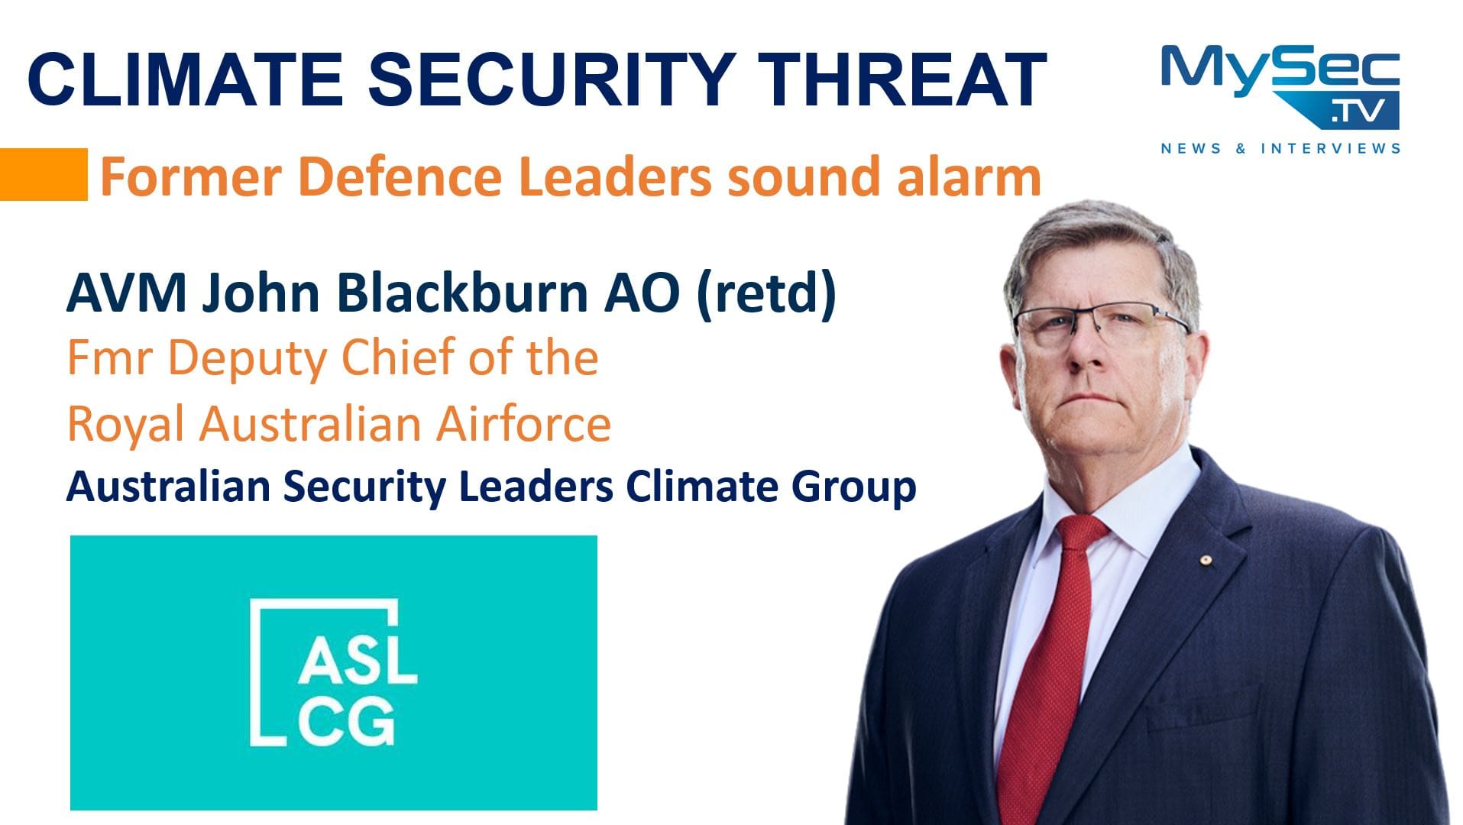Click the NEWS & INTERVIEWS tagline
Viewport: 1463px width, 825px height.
pos(1280,148)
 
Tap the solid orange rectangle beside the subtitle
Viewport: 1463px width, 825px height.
pos(44,174)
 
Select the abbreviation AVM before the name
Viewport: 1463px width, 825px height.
pos(126,293)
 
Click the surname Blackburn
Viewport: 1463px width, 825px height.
pos(461,293)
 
